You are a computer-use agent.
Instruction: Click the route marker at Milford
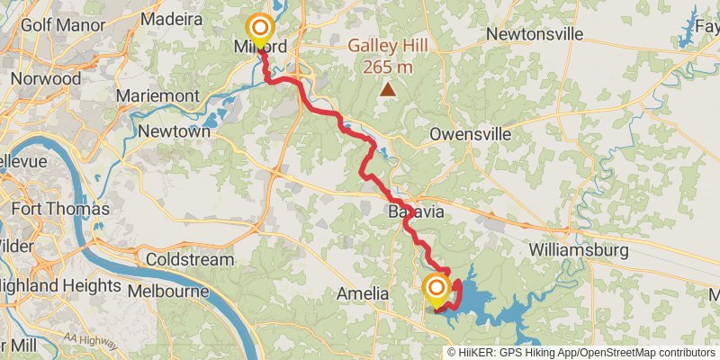260,28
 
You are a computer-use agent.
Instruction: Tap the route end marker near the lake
436,288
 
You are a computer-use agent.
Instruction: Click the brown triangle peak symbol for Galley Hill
388,89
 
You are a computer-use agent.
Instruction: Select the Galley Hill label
390,46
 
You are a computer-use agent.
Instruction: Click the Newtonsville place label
535,34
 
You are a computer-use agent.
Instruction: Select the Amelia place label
362,294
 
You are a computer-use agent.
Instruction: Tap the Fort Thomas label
59,210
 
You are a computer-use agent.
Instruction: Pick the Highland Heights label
60,285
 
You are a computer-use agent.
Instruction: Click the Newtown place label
175,131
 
